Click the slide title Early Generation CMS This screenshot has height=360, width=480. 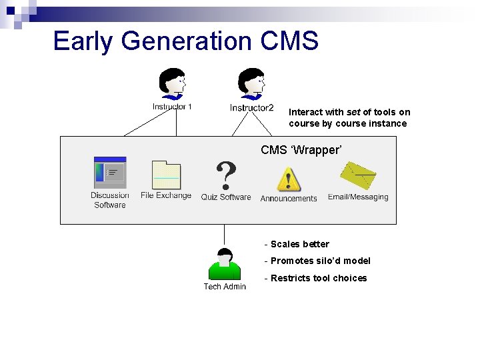[x=186, y=41]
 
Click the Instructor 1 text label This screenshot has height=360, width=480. [x=172, y=107]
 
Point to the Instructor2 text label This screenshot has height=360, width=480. [x=251, y=108]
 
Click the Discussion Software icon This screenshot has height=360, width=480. [x=110, y=173]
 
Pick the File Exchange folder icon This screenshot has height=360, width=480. [x=166, y=175]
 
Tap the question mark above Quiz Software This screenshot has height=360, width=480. [x=227, y=176]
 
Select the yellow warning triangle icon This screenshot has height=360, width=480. [x=289, y=179]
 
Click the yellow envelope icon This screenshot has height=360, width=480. [x=358, y=175]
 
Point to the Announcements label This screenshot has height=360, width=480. [x=289, y=199]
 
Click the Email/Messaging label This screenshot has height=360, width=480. [x=358, y=197]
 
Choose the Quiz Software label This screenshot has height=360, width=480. [x=226, y=197]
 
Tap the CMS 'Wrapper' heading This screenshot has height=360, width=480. [x=301, y=150]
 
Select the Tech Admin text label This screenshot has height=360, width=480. [x=225, y=287]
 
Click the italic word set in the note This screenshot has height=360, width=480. [x=353, y=112]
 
